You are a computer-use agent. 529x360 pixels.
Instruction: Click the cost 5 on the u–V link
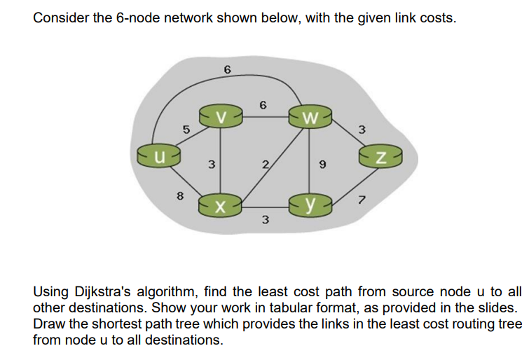(x=186, y=130)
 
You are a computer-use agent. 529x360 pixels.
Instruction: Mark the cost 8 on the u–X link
(x=181, y=197)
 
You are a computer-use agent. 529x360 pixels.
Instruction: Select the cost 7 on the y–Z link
(x=362, y=201)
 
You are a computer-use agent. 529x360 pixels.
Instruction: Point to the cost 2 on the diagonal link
(x=265, y=165)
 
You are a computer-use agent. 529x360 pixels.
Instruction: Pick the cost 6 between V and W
(x=263, y=105)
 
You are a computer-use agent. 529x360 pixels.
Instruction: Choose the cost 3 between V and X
(x=211, y=165)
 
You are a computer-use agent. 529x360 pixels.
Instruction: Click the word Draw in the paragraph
(x=48, y=324)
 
